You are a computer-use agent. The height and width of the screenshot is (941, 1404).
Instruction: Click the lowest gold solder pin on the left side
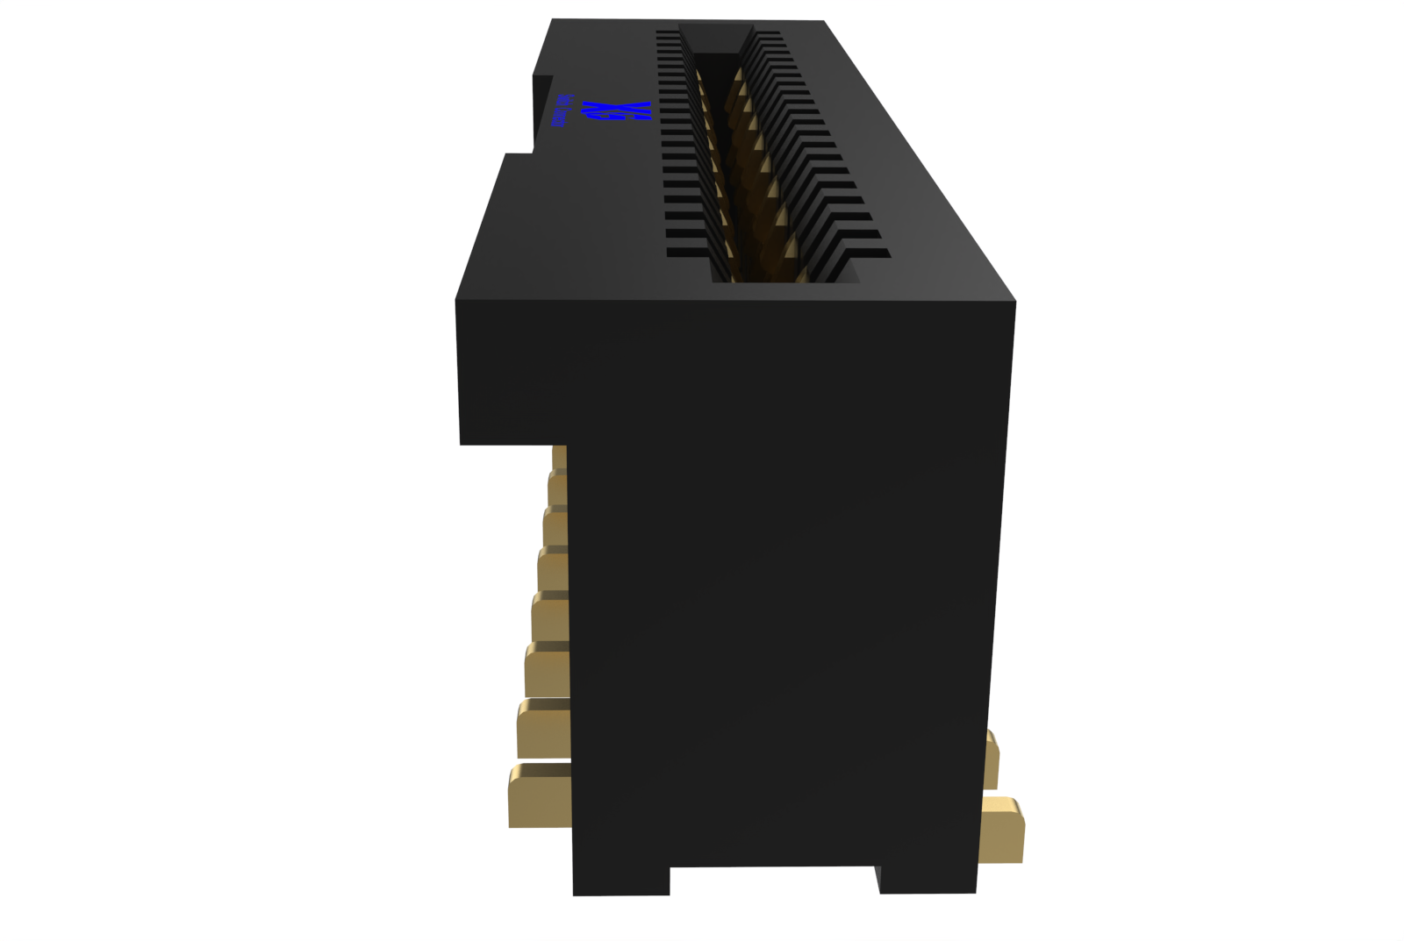pyautogui.click(x=539, y=796)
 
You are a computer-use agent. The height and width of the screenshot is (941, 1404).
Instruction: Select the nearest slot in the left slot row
pyautogui.click(x=688, y=252)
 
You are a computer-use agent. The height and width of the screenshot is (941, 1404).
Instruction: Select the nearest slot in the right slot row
pyautogui.click(x=869, y=253)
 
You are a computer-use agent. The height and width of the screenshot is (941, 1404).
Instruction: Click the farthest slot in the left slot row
pyautogui.click(x=667, y=32)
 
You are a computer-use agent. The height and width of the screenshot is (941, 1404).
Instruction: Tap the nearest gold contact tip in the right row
pyautogui.click(x=800, y=274)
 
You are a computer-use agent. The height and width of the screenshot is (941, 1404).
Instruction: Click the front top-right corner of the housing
pyautogui.click(x=1014, y=303)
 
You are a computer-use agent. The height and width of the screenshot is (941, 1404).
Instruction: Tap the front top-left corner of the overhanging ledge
pyautogui.click(x=457, y=302)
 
